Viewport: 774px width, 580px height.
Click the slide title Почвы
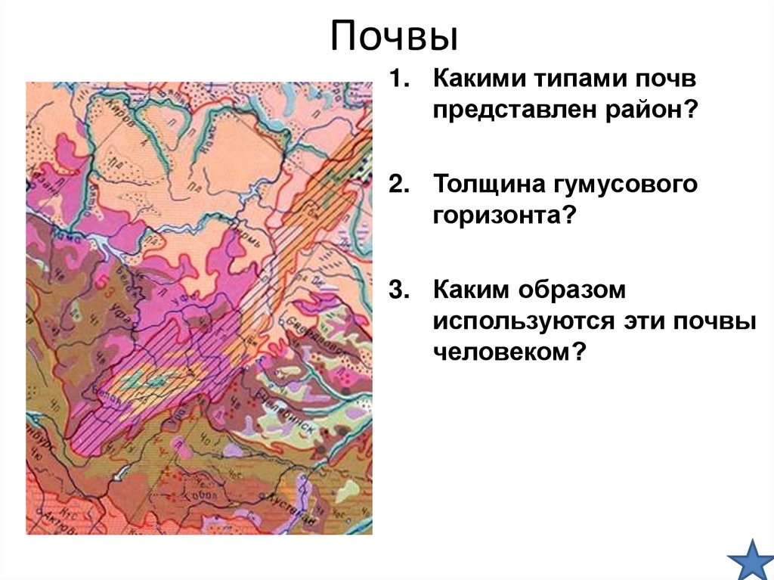(x=394, y=38)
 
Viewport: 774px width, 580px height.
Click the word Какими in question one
(x=475, y=78)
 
